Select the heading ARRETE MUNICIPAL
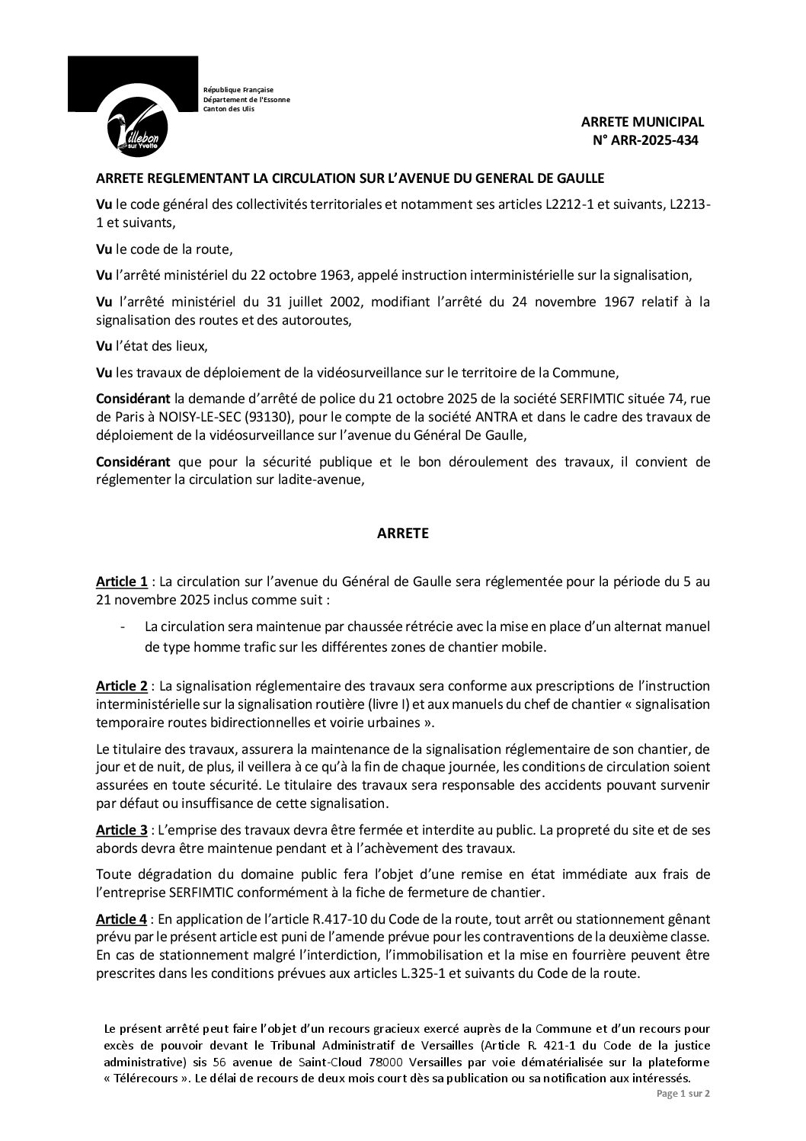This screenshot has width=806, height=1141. pyautogui.click(x=643, y=122)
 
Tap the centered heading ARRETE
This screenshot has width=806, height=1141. pyautogui.click(x=403, y=534)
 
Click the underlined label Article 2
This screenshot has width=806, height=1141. pyautogui.click(x=122, y=685)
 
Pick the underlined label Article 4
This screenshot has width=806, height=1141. pyautogui.click(x=122, y=898)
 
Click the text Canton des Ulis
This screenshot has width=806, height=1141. pyautogui.click(x=229, y=108)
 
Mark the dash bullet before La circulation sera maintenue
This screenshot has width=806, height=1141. pyautogui.click(x=123, y=627)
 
